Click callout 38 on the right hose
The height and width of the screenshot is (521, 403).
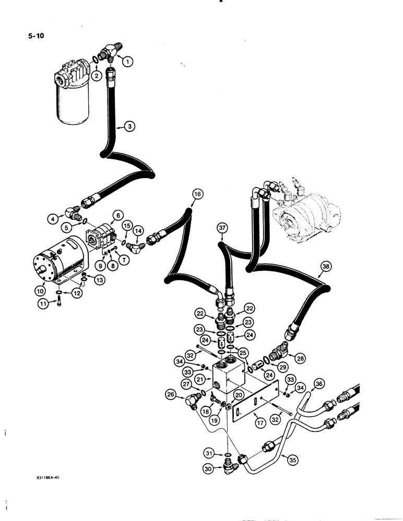(x=326, y=267)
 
